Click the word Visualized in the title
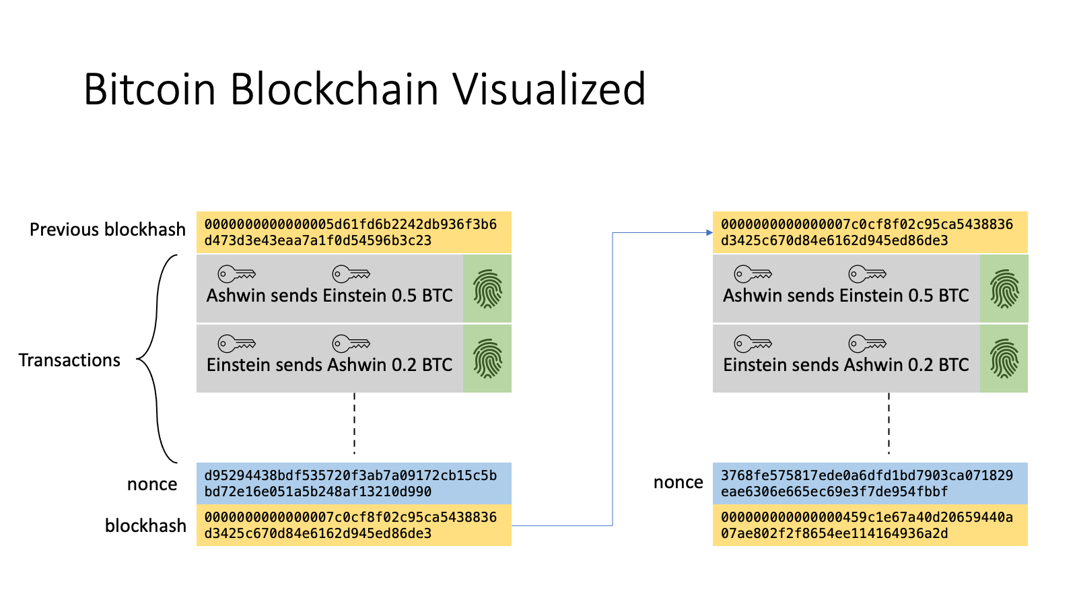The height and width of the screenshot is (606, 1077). pos(549,90)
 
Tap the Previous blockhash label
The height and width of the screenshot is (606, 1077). pos(108,230)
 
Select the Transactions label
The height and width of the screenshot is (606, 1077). pos(69,360)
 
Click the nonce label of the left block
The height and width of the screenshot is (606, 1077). pos(152,484)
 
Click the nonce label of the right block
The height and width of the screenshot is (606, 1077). pos(678,482)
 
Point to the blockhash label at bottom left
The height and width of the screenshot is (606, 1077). pos(145,525)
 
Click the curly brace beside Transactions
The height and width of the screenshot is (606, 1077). pos(157,359)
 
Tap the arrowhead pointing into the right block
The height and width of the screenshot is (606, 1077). pos(709,232)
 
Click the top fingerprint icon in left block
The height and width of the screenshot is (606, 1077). pos(487,289)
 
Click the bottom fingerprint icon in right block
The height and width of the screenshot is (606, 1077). pos(1004,358)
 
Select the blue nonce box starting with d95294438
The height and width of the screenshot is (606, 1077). pos(353,483)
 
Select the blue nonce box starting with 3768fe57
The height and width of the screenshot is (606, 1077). pos(870,483)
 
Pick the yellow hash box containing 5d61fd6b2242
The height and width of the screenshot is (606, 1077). pos(353,232)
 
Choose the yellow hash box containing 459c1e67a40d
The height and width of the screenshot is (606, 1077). pos(870,525)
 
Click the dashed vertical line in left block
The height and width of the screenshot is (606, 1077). pos(354,424)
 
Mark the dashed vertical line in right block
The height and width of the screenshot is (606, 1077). pos(889,424)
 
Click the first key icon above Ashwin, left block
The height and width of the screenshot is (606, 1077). pos(236,274)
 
